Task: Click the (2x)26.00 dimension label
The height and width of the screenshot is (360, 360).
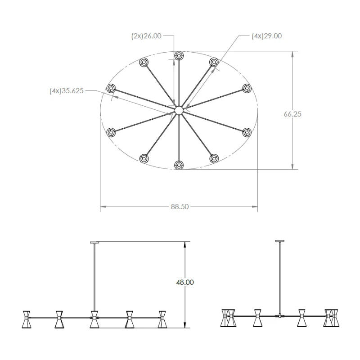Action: coord(146,36)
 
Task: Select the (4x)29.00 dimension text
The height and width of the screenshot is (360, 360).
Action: coord(266,36)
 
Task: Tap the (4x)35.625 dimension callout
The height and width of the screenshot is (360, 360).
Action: coord(67,91)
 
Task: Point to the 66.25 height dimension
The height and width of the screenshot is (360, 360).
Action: coord(292,114)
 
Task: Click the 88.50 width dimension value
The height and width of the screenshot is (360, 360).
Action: coord(180,207)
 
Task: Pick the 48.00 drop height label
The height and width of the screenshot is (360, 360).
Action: coord(185,282)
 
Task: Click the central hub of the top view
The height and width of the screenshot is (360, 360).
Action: coord(179,110)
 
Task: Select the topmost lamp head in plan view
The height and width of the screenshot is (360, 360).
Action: coord(179,55)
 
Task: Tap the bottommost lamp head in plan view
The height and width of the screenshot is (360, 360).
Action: coord(179,165)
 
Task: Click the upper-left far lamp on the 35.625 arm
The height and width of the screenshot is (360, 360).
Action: coord(111,88)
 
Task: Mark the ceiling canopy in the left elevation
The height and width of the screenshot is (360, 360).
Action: coord(94,242)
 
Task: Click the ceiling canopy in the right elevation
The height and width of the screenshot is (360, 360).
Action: coord(279,241)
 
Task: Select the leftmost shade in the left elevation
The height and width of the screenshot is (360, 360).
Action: coord(27,319)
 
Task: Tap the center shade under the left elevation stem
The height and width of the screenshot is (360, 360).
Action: coord(94,319)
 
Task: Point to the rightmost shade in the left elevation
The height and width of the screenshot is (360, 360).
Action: coord(162,319)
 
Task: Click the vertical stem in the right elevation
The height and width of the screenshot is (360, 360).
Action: coord(279,278)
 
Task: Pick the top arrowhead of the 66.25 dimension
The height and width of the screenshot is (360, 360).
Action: coord(292,54)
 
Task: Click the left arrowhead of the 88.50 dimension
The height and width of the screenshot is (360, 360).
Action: coord(103,207)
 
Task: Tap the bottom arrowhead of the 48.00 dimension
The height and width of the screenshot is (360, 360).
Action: coord(184,325)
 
